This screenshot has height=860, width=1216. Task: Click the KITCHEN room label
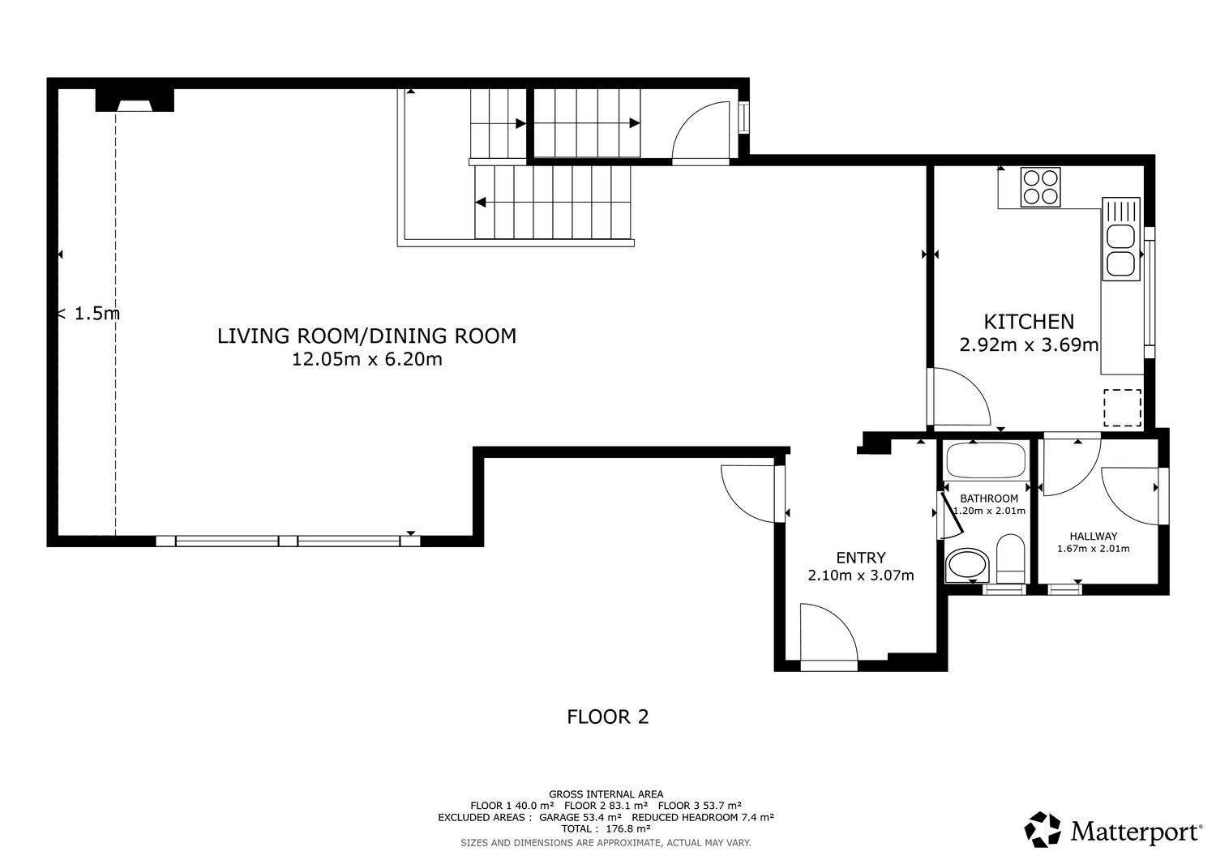[1029, 322]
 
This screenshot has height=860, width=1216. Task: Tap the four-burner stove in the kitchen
[1040, 187]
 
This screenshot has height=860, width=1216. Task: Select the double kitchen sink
[1120, 239]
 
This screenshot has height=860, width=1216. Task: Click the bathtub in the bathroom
[986, 460]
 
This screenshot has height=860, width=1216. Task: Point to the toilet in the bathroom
[1010, 558]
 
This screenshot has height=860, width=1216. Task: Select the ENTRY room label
[860, 558]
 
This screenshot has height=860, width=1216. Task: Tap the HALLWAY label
[1094, 537]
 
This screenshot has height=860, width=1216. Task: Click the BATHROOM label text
[988, 498]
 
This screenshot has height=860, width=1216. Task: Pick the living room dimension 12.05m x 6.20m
[367, 359]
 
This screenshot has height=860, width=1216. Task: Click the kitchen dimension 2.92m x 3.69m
[1029, 344]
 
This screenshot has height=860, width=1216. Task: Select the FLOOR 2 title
[607, 717]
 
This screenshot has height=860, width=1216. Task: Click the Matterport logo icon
[1043, 829]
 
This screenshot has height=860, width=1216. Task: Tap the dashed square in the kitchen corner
[1122, 408]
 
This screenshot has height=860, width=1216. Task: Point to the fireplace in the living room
[135, 101]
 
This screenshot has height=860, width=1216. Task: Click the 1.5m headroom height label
[89, 313]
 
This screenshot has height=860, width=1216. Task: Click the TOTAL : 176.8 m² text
[606, 828]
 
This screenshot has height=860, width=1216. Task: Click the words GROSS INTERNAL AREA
[606, 794]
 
